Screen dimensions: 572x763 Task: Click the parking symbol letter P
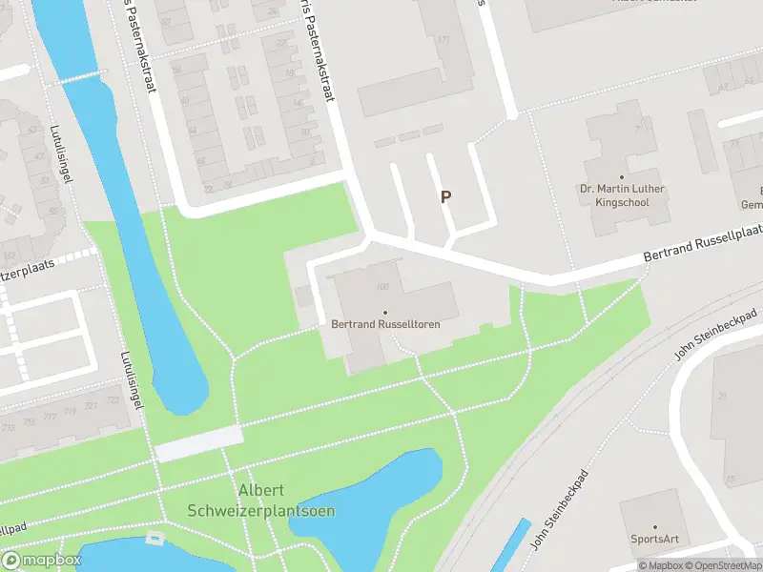[444, 196]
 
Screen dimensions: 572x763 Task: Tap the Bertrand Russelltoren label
[385, 324]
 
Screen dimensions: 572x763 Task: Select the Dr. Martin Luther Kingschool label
[622, 195]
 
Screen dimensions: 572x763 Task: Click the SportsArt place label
[654, 540]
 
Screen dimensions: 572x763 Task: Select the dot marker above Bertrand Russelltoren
[385, 313]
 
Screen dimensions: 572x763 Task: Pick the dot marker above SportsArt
[654, 527]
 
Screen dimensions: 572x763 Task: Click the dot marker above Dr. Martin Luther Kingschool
[622, 176]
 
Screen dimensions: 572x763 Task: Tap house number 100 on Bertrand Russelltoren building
[383, 288]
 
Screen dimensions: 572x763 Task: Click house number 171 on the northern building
[443, 40]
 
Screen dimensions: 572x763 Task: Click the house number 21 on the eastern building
[723, 396]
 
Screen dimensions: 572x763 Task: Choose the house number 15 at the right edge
[730, 480]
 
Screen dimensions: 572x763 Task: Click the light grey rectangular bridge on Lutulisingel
[199, 443]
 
